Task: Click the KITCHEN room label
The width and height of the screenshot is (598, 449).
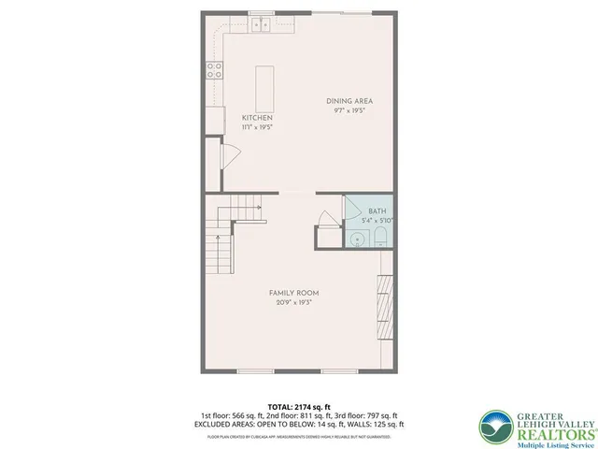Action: coord(257,118)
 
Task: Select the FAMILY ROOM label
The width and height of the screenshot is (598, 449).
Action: coord(294,293)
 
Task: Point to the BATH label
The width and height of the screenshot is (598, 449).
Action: coord(377,211)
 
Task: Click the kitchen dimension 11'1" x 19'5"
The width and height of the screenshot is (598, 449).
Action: coord(257,126)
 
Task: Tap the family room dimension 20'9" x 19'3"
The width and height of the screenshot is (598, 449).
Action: coord(294,302)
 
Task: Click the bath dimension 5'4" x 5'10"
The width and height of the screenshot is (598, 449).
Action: coord(377,221)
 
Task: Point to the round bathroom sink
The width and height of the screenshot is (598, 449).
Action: coord(357,239)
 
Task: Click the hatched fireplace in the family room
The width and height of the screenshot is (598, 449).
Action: coord(384,308)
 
